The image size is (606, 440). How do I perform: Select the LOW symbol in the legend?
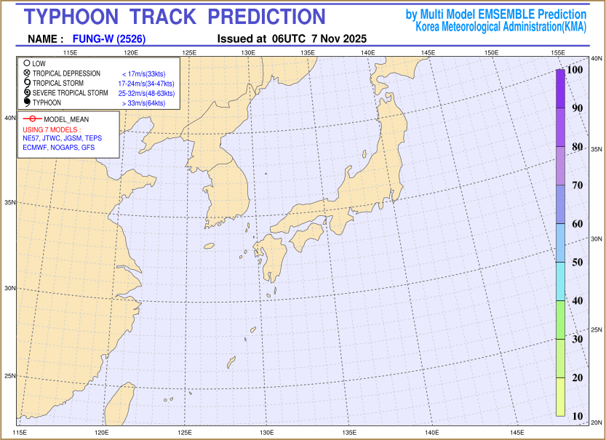click(26, 64)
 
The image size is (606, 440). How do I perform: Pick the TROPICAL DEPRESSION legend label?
click(66, 74)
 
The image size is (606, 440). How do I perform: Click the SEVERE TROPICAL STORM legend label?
click(70, 93)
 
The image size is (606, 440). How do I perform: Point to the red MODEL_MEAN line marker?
click(32, 119)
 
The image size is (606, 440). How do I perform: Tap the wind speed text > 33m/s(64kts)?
click(143, 103)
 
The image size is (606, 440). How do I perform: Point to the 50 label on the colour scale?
click(577, 263)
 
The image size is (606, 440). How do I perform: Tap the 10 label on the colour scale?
click(577, 416)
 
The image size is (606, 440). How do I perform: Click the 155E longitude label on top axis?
click(559, 53)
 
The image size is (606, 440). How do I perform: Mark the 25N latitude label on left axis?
click(11, 376)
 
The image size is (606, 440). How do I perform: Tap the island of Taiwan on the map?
click(114, 405)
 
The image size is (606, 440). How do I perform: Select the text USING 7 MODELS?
click(50, 129)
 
